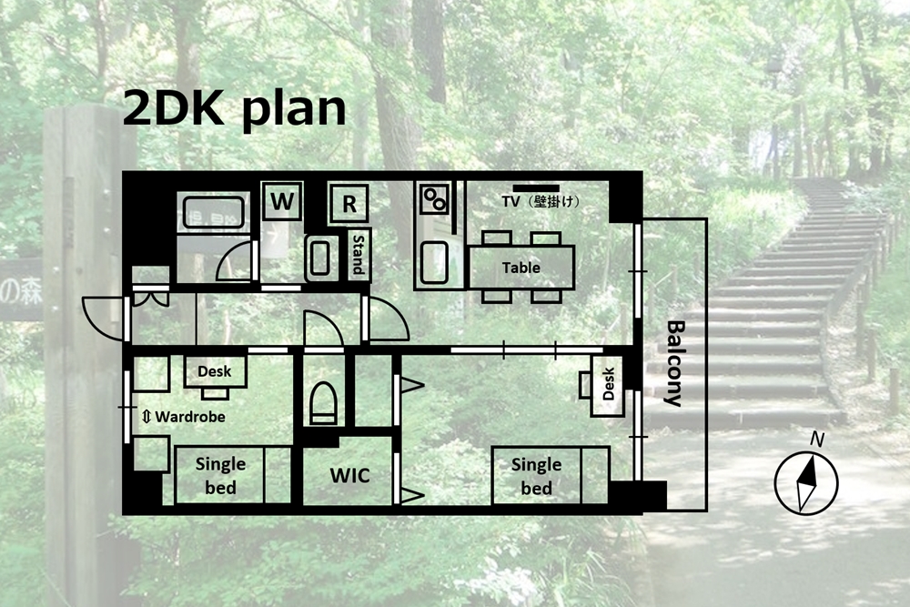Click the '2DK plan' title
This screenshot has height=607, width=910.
click(235, 110)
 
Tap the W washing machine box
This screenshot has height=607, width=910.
click(282, 201)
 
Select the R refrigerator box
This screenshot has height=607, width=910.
click(349, 203)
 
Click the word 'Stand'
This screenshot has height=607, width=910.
click(358, 255)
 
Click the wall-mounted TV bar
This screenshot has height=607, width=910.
click(536, 188)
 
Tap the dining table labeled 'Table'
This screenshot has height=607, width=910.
click(521, 267)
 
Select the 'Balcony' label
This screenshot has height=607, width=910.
click(673, 363)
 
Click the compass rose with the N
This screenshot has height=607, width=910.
click(806, 478)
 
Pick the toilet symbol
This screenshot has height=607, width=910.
click(323, 402)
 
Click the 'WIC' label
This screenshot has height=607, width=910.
click(349, 475)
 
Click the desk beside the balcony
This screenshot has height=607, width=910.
click(607, 385)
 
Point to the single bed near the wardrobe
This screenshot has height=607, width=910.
click(232, 475)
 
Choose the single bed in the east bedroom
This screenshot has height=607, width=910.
click(551, 475)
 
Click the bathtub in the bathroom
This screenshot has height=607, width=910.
click(214, 212)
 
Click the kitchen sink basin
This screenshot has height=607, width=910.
click(434, 262)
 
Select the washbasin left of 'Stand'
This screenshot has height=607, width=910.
click(319, 258)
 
